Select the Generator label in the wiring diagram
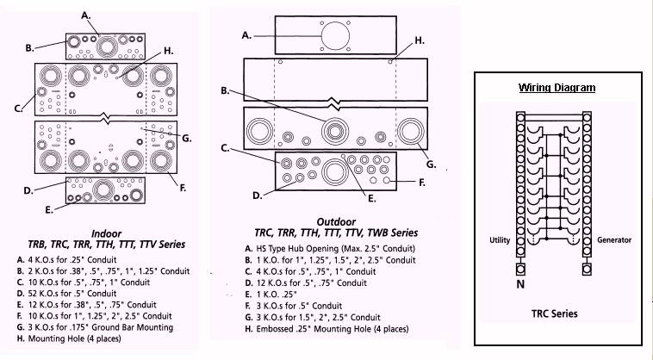coord(614,239)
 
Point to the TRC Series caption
coord(555,313)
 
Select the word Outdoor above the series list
coord(337,220)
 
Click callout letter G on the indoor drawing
coord(186,137)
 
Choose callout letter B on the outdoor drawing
coord(224,90)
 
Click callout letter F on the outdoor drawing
coord(421,183)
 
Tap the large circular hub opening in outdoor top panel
coord(332,39)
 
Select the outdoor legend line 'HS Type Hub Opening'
coord(336,248)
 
